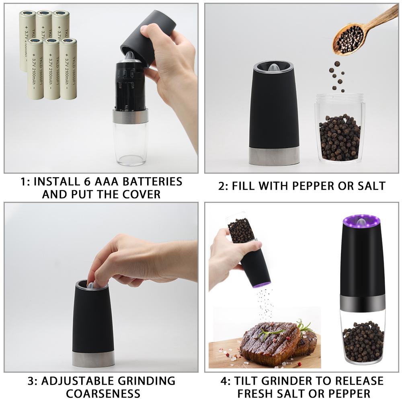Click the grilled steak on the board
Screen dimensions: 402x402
[x=273, y=342]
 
